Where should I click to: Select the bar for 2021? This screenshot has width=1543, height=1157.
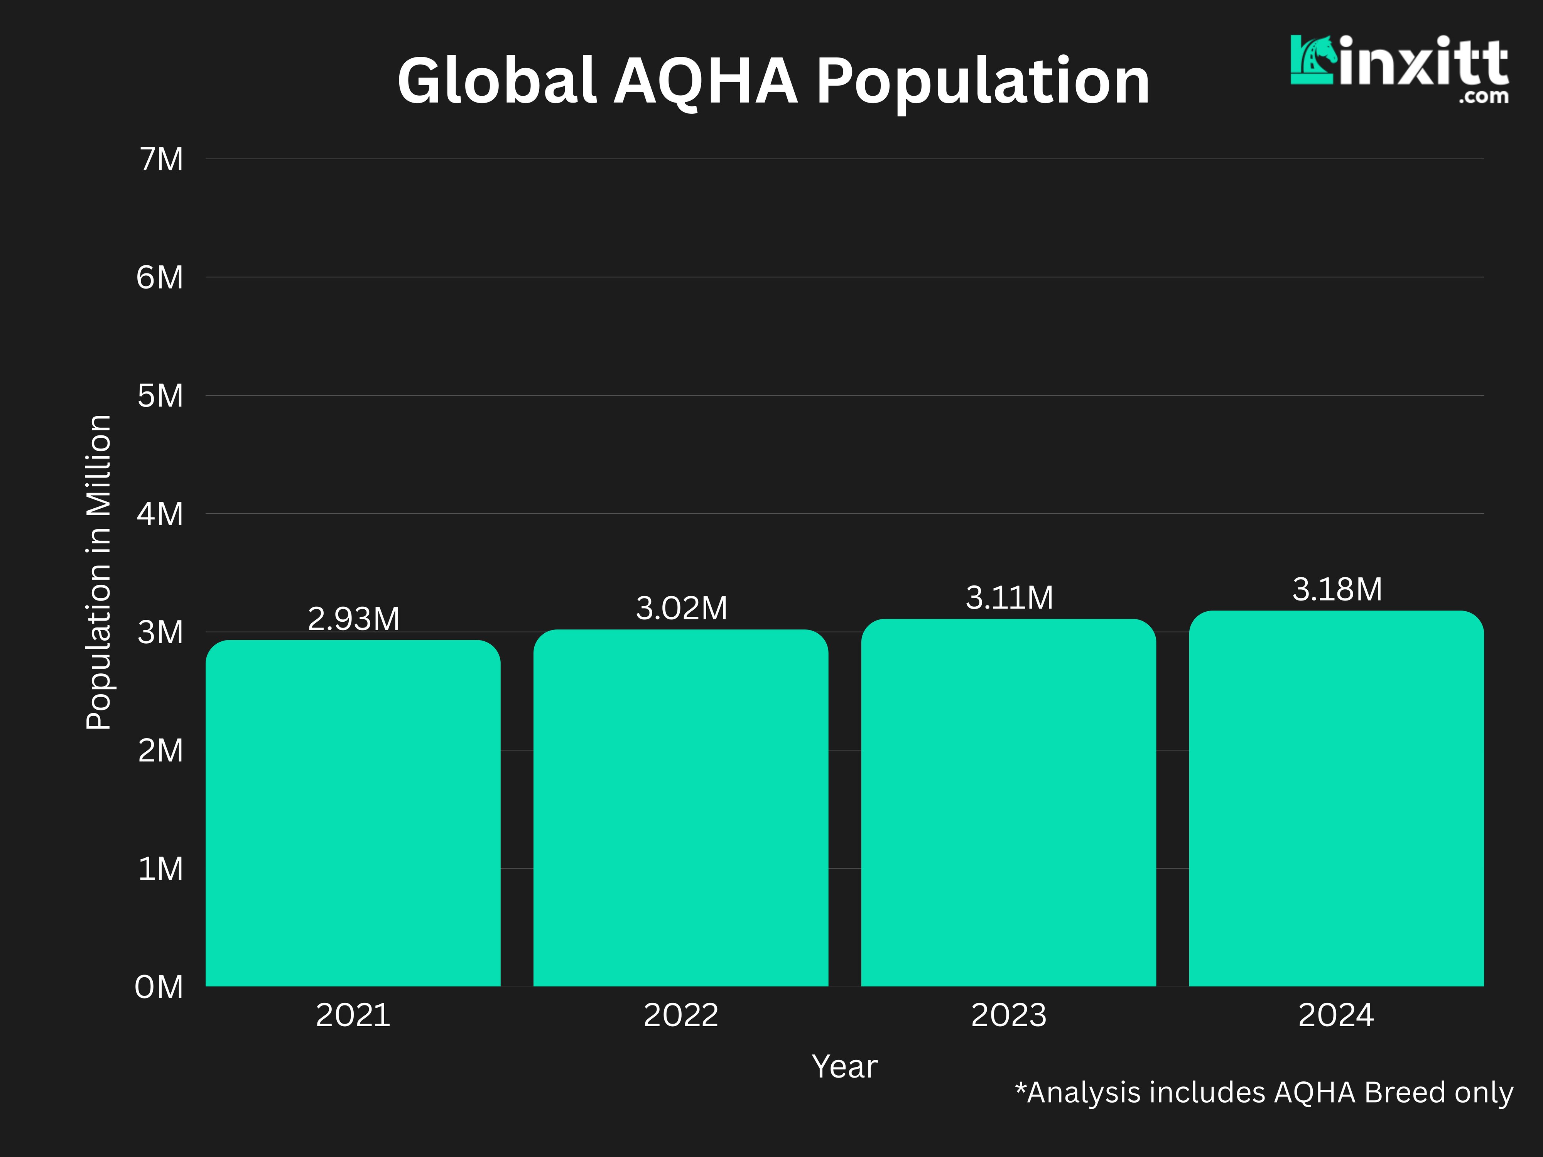(x=353, y=813)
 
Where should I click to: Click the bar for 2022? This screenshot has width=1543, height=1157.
(x=681, y=808)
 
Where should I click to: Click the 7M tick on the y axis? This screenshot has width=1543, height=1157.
(x=161, y=160)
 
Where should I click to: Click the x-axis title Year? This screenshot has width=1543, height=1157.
(x=844, y=1066)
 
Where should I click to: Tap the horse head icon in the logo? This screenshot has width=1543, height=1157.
(x=1313, y=61)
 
